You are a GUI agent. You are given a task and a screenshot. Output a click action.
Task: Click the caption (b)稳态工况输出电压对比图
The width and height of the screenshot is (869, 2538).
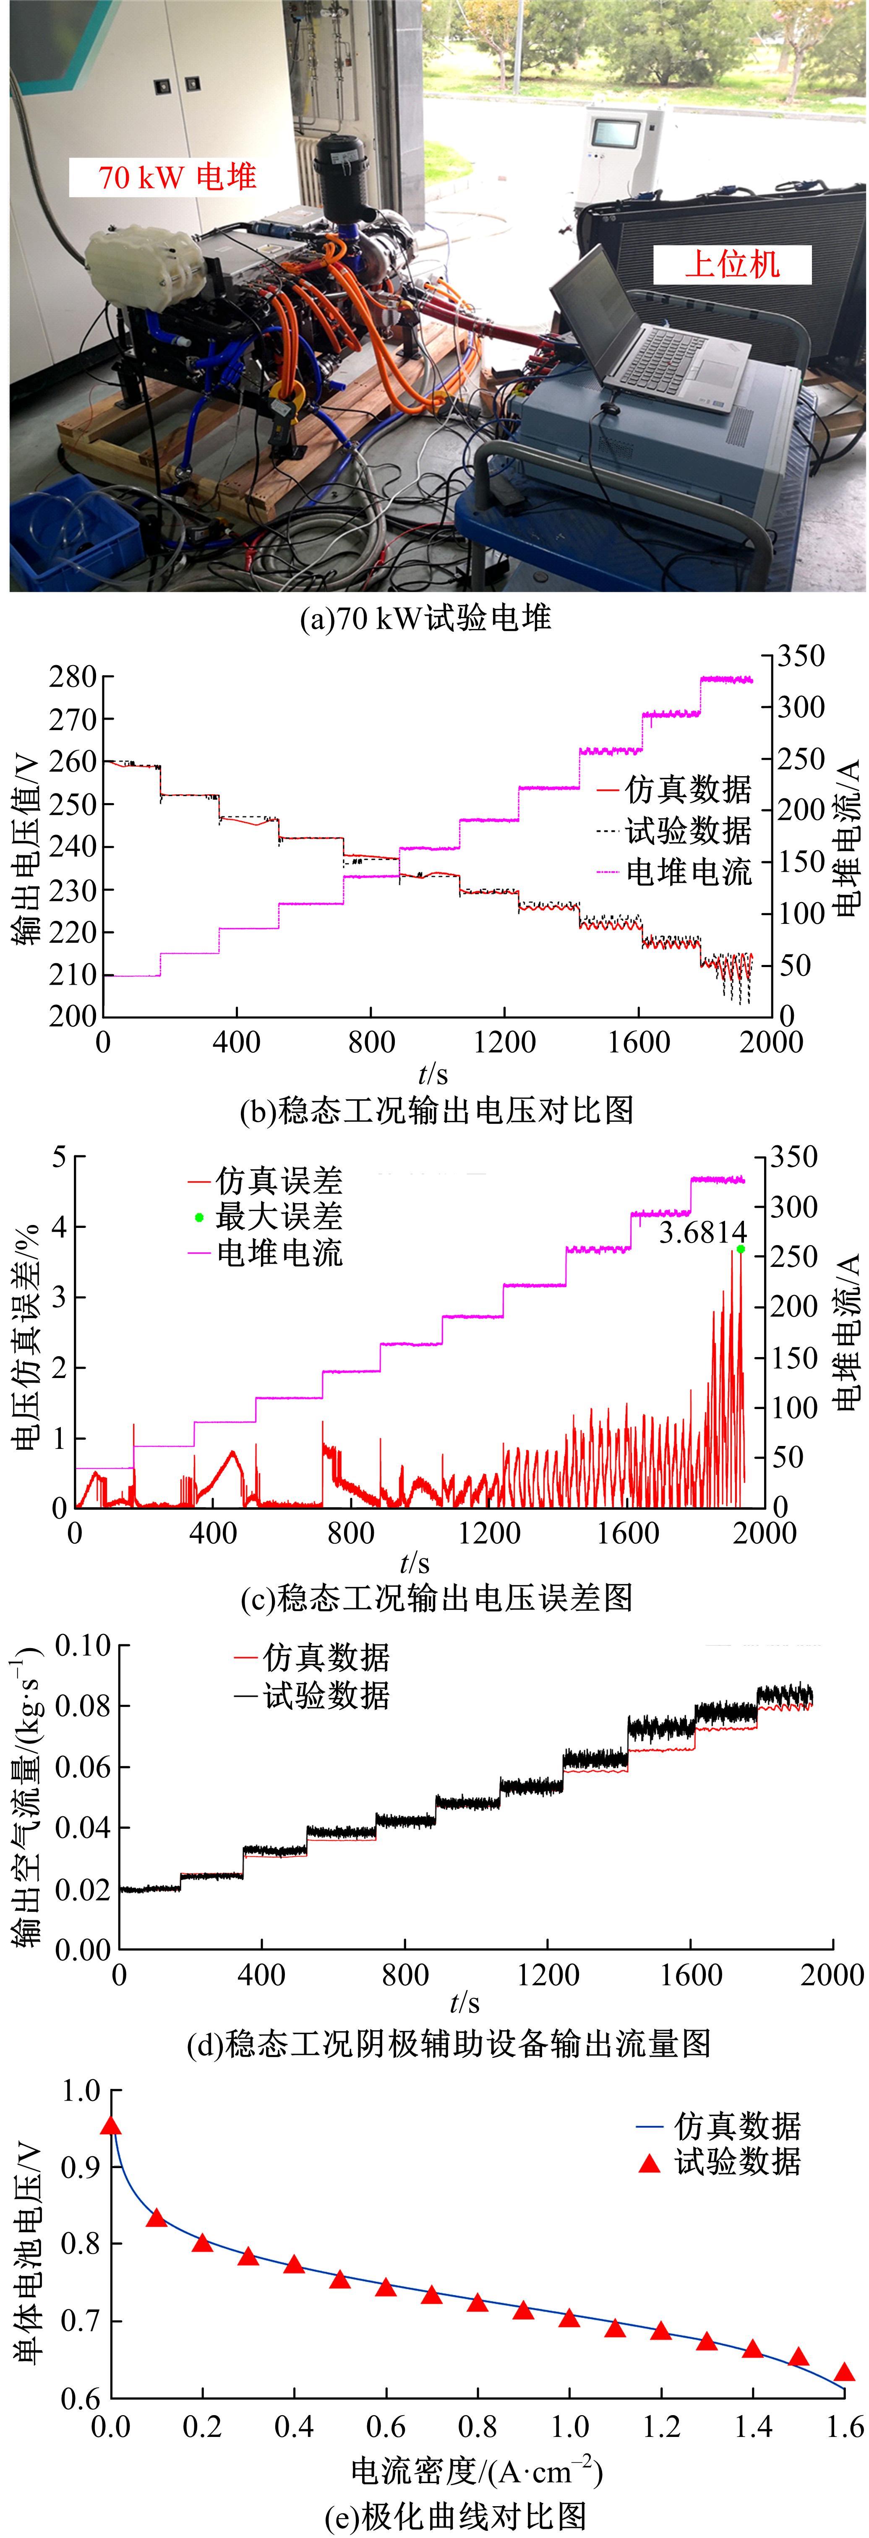coord(436,1110)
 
